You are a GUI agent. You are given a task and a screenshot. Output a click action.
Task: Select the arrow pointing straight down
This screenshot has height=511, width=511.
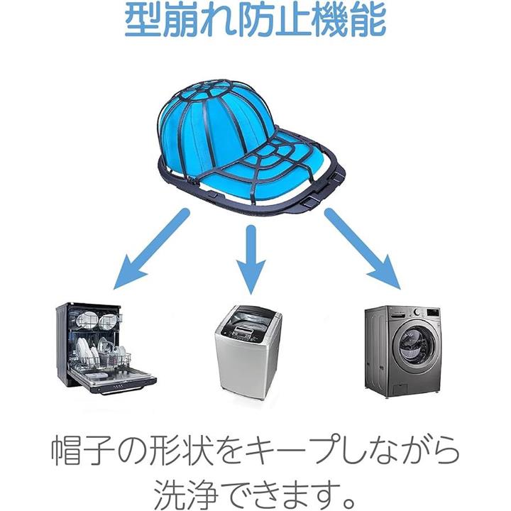pyautogui.click(x=249, y=259)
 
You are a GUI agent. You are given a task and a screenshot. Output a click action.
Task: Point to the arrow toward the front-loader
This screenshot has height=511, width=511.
pyautogui.click(x=362, y=248)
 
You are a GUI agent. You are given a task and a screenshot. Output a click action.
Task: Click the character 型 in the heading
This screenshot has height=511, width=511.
pyautogui.click(x=141, y=22)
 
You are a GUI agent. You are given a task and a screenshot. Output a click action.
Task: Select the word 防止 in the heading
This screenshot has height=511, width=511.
pyautogui.click(x=280, y=22)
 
